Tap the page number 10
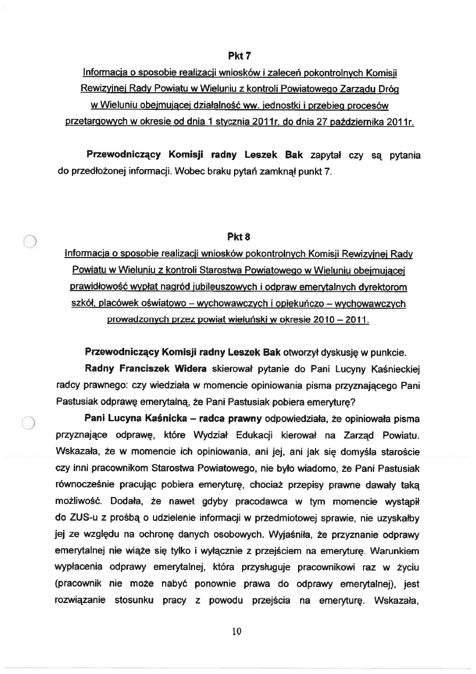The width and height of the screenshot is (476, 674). (237, 632)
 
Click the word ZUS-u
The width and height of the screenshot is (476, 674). (76, 517)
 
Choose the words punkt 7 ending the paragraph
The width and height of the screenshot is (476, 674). (322, 172)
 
